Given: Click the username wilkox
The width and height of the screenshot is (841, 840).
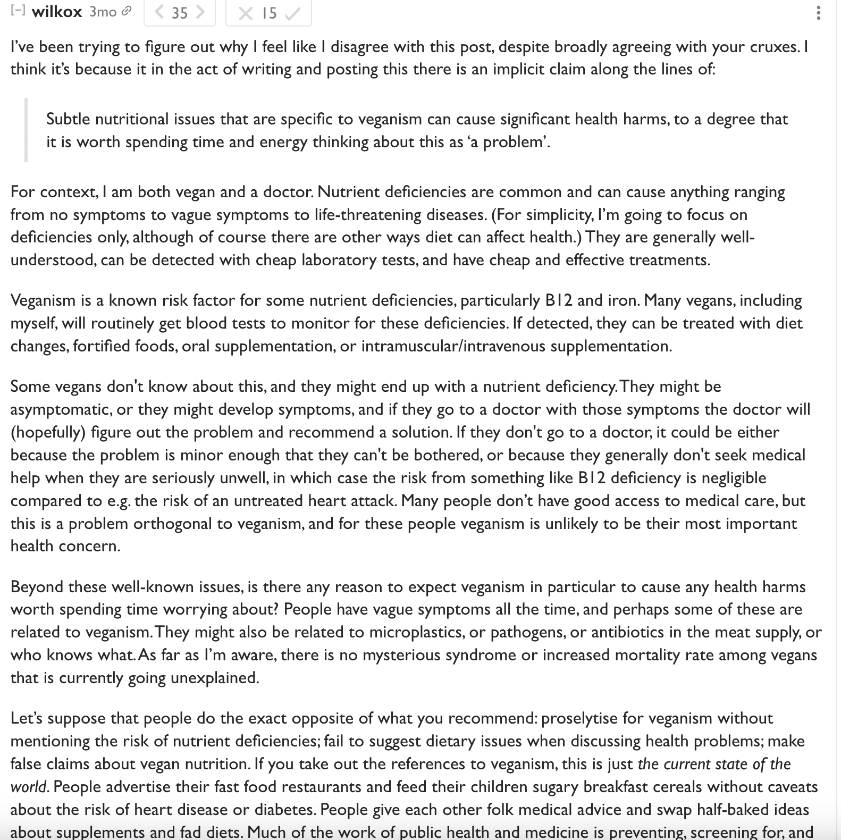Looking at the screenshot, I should (x=56, y=12).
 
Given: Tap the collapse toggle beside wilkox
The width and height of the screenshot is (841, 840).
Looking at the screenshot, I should (x=18, y=11).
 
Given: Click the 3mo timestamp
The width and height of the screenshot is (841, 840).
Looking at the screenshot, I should (x=103, y=12).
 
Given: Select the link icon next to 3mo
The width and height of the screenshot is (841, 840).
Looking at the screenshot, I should (x=126, y=11).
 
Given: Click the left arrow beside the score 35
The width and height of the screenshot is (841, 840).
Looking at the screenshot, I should (x=158, y=12).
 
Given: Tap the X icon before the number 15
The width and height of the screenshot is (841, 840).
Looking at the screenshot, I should (x=245, y=13).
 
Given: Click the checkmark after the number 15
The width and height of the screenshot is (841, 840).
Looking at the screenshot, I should (x=292, y=13).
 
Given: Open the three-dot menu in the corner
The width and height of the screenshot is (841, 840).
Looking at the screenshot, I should (x=818, y=13).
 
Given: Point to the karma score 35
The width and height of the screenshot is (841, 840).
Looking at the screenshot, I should (x=180, y=13).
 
